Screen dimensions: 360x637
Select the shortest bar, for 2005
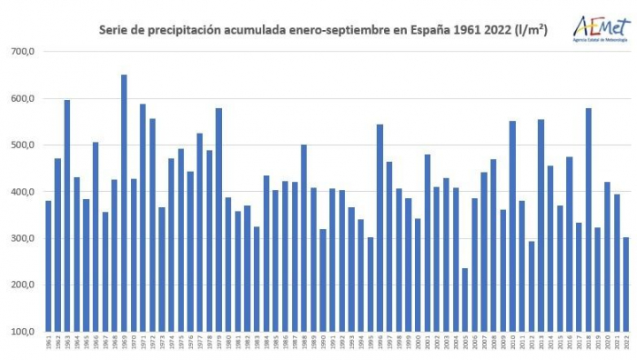coord(464,300)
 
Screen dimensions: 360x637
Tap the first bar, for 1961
coord(49,266)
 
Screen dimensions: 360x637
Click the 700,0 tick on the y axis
coord(21,51)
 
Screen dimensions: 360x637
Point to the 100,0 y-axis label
coord(21,332)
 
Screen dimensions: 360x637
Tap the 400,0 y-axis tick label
coord(21,192)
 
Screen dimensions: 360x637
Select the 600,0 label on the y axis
coord(21,98)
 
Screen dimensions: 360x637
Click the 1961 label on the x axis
coord(49,345)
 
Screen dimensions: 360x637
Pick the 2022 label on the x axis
coord(625,345)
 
